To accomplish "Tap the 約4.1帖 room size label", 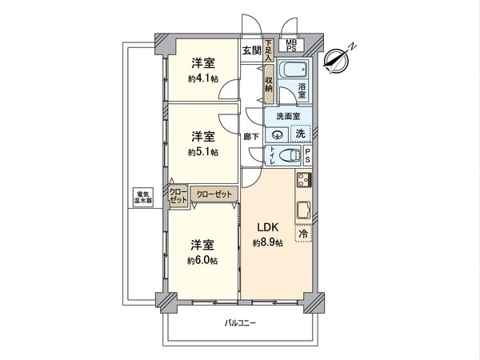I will pos(203,79).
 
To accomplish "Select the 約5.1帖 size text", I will pos(203,153).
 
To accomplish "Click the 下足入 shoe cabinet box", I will pos(269,50).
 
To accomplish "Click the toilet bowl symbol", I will pos(290,154).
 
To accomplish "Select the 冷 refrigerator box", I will pos(304,235).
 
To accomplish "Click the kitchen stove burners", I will pos(304,180).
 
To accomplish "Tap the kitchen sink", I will pos(304,212).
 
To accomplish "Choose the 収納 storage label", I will pos(270,82).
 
